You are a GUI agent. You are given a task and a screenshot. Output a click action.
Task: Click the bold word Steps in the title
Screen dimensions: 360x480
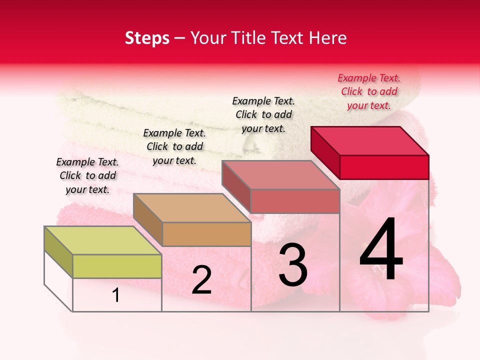(x=147, y=38)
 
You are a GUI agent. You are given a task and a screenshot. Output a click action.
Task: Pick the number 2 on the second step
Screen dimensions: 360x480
(x=201, y=280)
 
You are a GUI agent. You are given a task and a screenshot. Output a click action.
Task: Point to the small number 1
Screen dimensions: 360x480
(x=116, y=295)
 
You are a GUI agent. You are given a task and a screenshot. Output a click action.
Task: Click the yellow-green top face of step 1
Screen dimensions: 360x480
(x=102, y=240)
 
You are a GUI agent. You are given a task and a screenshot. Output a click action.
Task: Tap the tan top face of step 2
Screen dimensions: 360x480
(x=191, y=207)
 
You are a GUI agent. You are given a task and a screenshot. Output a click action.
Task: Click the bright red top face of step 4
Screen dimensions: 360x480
(x=369, y=140)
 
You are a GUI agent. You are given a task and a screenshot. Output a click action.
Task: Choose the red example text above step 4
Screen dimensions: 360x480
(x=369, y=91)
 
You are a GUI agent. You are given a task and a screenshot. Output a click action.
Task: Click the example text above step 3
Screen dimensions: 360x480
(x=263, y=114)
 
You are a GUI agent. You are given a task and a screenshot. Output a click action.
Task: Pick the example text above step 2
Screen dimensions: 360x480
(x=174, y=146)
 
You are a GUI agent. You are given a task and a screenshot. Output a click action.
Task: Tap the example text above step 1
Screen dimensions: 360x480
(x=87, y=175)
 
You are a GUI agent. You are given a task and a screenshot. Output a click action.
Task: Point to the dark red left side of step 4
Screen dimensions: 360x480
(x=325, y=152)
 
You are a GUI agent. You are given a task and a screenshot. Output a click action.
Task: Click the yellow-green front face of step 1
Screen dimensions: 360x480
(x=117, y=266)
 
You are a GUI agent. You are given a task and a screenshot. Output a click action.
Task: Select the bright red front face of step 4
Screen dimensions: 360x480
(x=384, y=167)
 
